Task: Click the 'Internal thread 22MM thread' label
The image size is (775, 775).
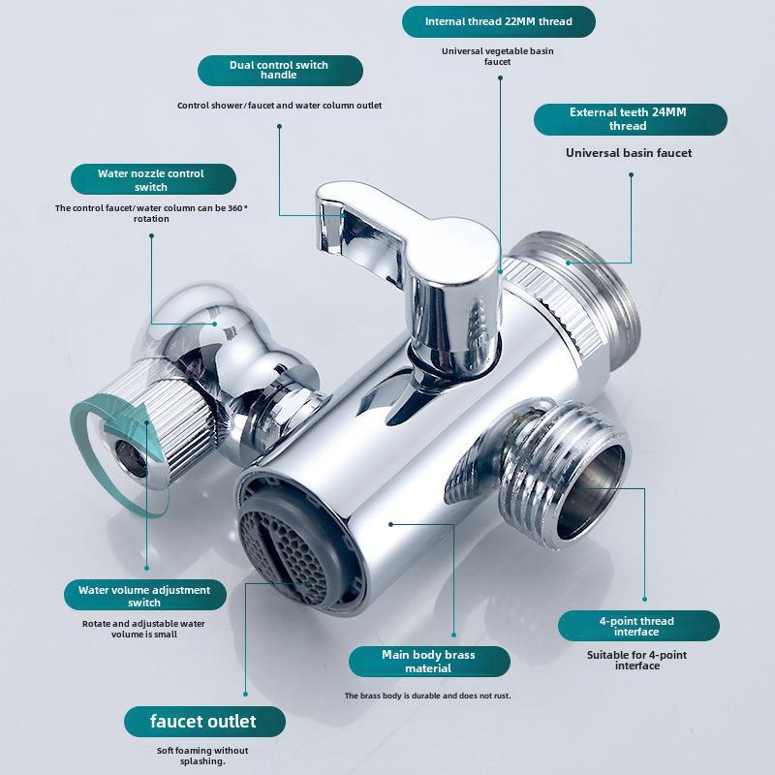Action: point(498,21)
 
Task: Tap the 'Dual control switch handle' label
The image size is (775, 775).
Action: point(280,70)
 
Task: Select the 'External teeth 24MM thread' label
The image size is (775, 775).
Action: point(631,119)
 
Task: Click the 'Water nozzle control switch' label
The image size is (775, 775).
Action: point(153,179)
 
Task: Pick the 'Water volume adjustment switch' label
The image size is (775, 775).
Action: point(144,595)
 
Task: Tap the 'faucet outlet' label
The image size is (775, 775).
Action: point(204,721)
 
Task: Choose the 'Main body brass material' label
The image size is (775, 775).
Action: point(429,662)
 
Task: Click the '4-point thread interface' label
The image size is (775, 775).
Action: point(638,626)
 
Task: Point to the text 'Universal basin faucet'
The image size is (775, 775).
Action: point(629,153)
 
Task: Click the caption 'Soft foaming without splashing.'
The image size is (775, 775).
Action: point(202,756)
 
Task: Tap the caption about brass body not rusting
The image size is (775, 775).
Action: point(428,696)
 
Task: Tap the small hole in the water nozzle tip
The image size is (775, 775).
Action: point(132,458)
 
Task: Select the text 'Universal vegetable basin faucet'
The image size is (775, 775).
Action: point(498,56)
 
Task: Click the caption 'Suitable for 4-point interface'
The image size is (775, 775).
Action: point(637,660)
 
